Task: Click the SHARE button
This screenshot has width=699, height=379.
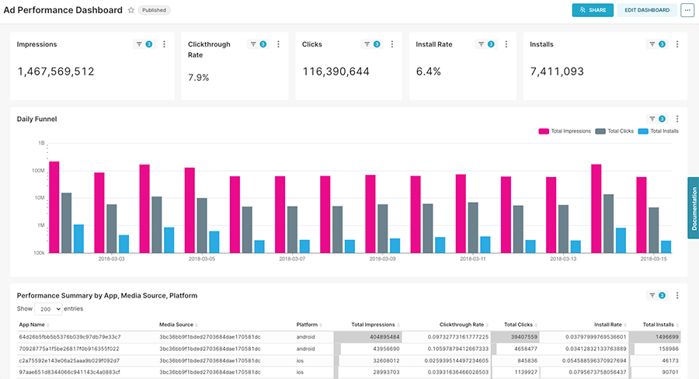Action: click(x=593, y=10)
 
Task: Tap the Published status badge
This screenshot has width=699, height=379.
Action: click(x=155, y=11)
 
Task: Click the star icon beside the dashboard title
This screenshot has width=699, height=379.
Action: click(x=130, y=11)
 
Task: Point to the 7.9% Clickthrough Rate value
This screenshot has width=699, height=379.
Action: click(x=200, y=78)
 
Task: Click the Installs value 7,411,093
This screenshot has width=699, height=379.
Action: click(x=557, y=71)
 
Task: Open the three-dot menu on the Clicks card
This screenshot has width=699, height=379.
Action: click(x=392, y=44)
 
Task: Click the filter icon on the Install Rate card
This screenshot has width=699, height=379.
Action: click(x=482, y=44)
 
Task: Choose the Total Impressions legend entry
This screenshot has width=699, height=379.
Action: click(x=565, y=131)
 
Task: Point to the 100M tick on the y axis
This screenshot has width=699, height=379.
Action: click(x=37, y=171)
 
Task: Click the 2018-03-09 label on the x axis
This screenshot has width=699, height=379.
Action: click(x=384, y=259)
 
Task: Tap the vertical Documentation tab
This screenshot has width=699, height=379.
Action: click(x=693, y=207)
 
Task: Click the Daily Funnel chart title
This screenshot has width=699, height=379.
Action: click(x=37, y=119)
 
